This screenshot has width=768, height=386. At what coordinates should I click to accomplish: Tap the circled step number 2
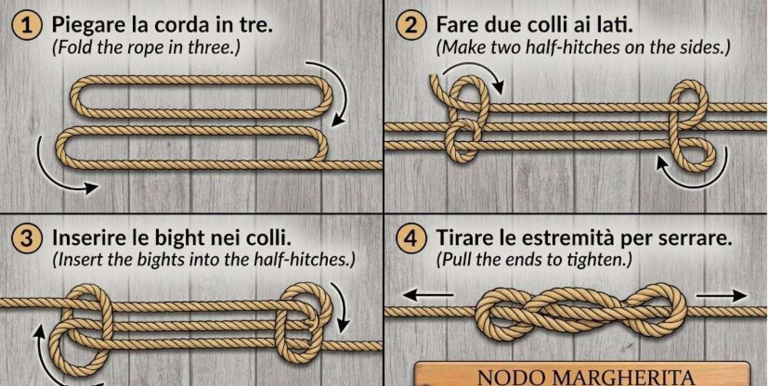coord(411,25)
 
